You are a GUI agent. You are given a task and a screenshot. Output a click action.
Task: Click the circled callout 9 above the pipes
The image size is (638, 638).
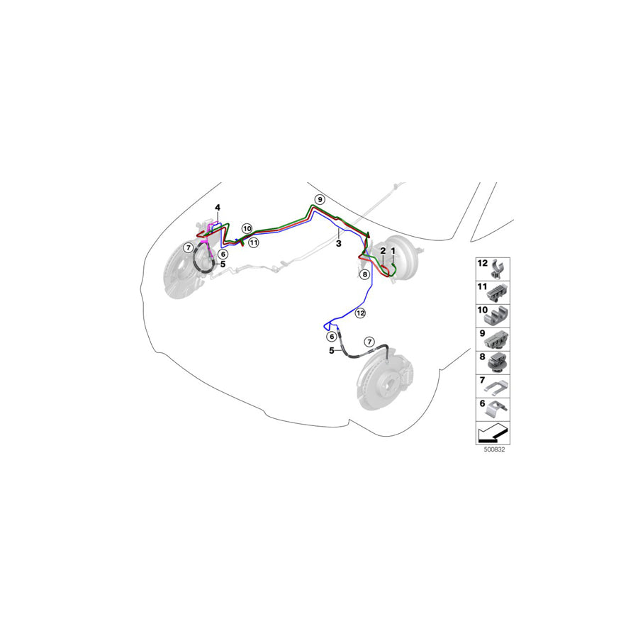[320, 199]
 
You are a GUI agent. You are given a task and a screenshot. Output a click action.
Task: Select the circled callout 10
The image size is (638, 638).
[247, 228]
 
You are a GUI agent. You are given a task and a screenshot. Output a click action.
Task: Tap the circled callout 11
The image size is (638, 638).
[254, 243]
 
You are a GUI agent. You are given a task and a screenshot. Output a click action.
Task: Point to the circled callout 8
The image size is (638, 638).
[364, 274]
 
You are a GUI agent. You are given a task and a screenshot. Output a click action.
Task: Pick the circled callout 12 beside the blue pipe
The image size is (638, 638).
[360, 313]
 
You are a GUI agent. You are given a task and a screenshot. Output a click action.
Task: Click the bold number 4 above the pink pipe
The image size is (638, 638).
[218, 208]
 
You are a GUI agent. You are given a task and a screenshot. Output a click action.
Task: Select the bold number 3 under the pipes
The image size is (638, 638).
[338, 243]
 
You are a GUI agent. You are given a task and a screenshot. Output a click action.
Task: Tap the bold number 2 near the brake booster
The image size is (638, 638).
[383, 251]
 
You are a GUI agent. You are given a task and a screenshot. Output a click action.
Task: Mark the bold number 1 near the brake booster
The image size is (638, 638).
[393, 251]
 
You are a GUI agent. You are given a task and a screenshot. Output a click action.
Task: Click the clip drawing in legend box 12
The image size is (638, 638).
[498, 269]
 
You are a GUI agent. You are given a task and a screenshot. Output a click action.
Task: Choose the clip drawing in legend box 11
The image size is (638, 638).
[498, 293]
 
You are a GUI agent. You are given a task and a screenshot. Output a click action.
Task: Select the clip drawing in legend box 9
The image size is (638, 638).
[497, 340]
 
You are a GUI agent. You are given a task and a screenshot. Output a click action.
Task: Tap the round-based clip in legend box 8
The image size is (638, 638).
[498, 363]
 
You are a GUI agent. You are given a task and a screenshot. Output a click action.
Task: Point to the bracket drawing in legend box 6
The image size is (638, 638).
[497, 409]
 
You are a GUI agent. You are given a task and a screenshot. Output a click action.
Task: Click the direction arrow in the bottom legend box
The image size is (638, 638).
[493, 433]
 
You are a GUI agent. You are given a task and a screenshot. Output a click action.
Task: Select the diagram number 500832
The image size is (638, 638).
[494, 449]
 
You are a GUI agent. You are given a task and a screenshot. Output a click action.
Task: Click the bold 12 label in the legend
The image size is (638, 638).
[482, 264]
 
